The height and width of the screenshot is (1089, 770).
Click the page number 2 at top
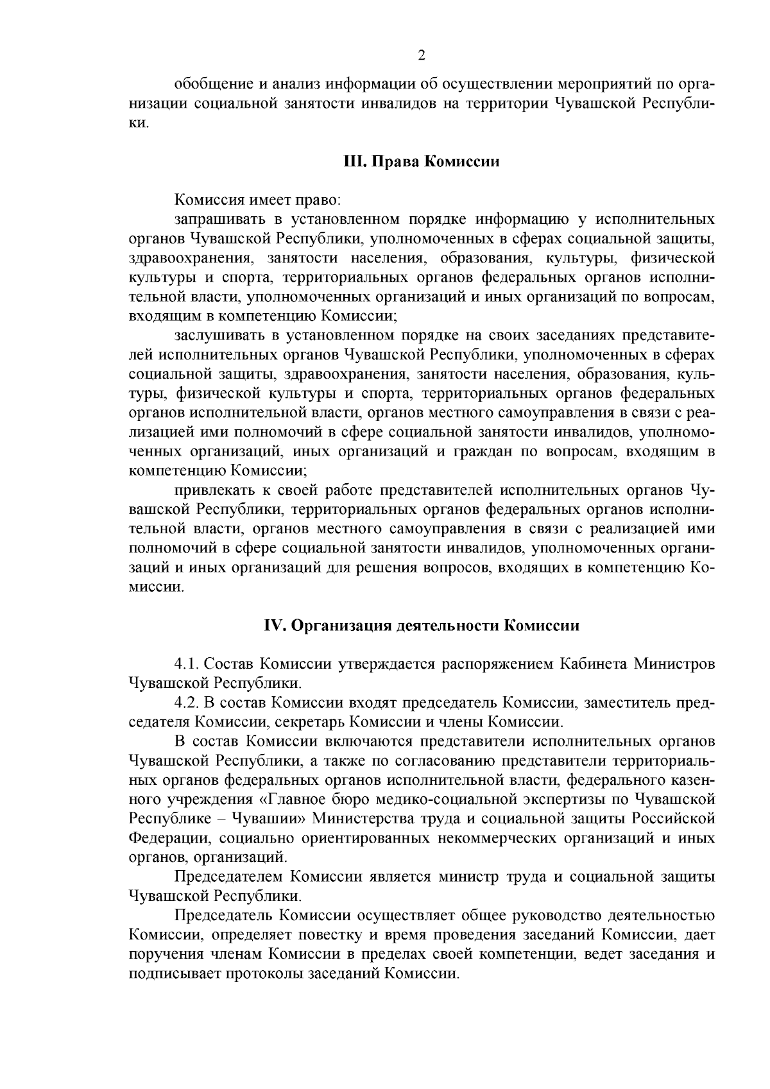pos(422,56)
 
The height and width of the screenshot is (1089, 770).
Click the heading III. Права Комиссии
pos(422,161)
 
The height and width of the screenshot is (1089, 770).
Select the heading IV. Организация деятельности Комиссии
pos(422,625)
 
